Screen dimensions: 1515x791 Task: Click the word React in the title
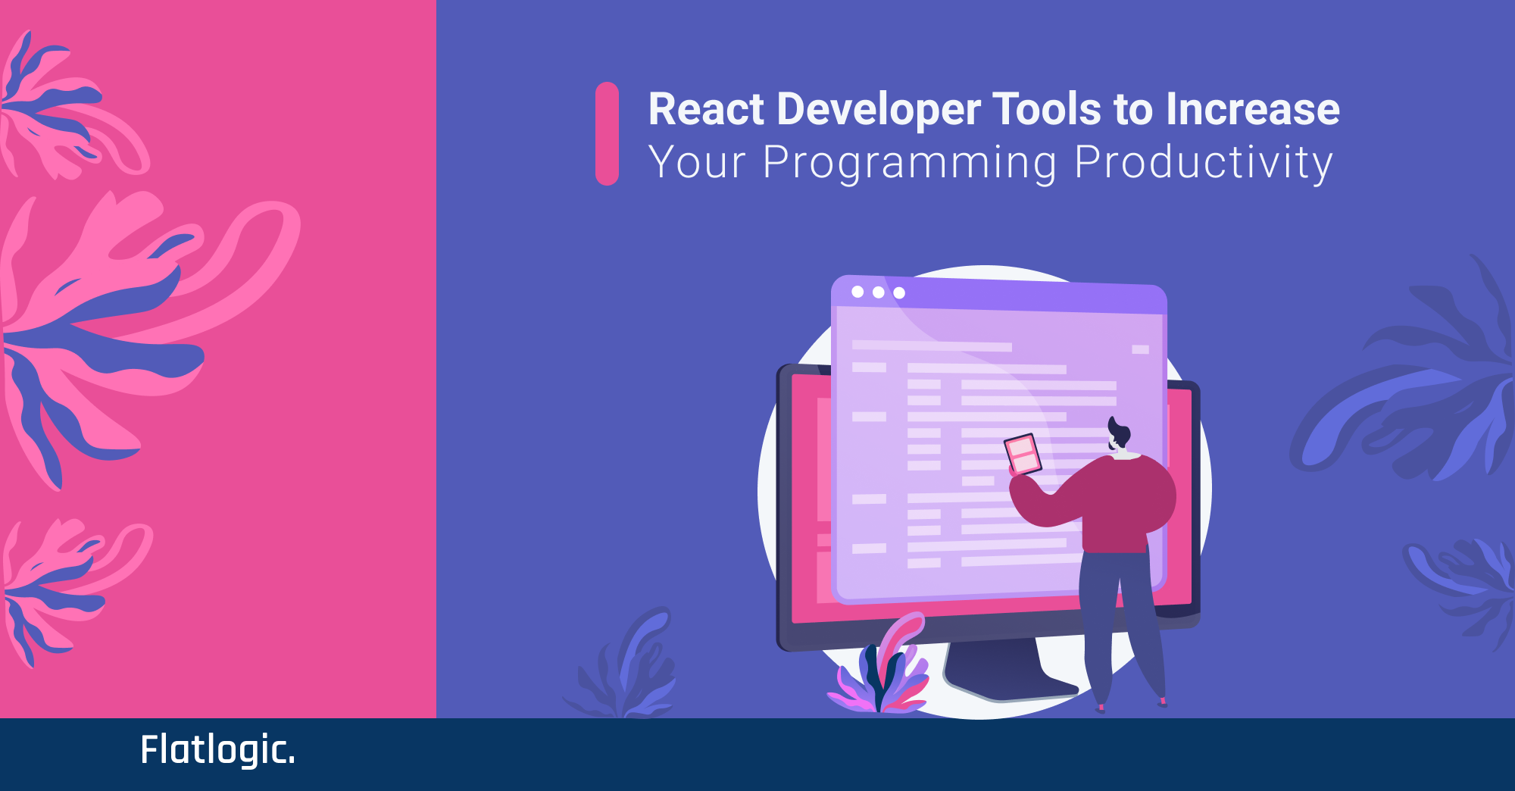pos(706,109)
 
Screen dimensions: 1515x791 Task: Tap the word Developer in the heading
pos(879,111)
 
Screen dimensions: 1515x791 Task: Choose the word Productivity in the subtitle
pos(1204,164)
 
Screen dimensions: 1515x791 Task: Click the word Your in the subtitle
pos(698,162)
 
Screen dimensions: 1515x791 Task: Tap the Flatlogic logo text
pos(217,750)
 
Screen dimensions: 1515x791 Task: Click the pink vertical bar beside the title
pos(607,133)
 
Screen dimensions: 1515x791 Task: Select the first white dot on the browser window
pos(857,292)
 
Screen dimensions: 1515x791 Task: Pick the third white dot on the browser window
pos(899,292)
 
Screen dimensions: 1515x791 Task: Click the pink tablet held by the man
pos(1023,455)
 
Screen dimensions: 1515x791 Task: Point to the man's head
pos(1119,435)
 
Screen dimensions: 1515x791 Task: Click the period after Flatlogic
pos(292,761)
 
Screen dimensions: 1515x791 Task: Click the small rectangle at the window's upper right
pos(1140,349)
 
